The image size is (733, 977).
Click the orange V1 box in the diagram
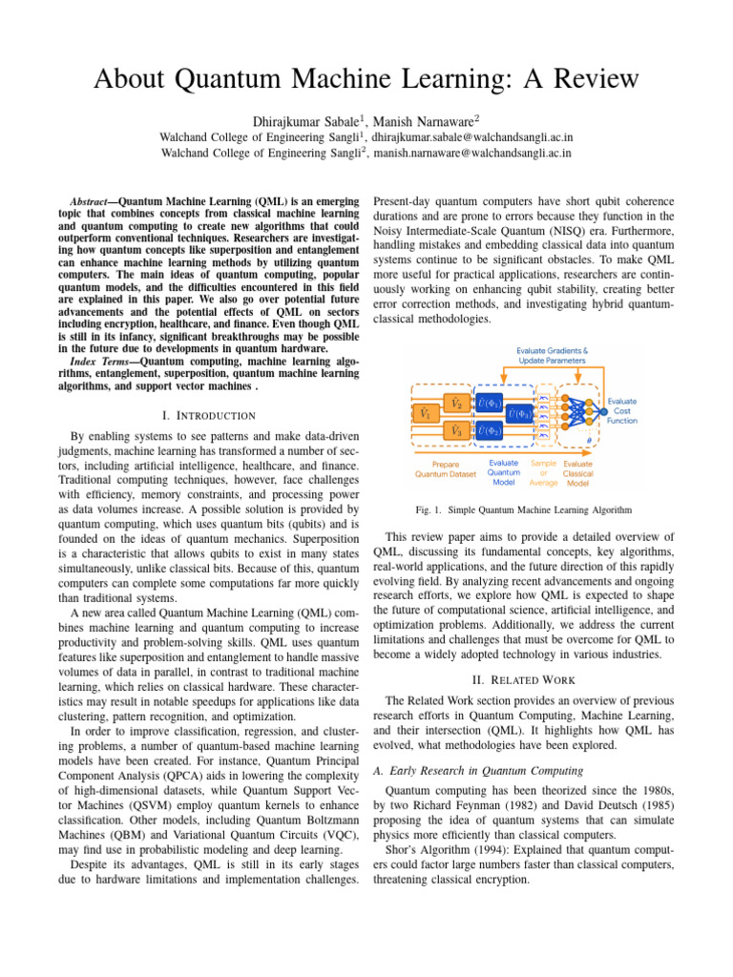click(424, 415)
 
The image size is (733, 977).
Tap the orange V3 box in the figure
click(457, 430)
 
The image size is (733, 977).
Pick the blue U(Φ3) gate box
click(521, 415)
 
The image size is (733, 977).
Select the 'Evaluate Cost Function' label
click(622, 411)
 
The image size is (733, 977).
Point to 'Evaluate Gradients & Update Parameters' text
click(553, 355)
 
